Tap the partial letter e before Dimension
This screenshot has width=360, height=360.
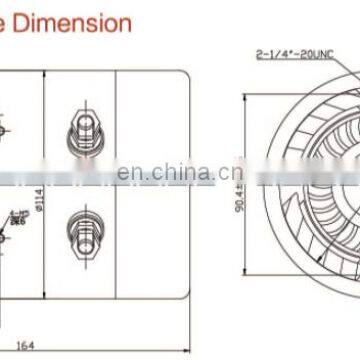[7, 21]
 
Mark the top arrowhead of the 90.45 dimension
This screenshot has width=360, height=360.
[247, 98]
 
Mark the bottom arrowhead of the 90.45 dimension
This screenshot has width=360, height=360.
[247, 268]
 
